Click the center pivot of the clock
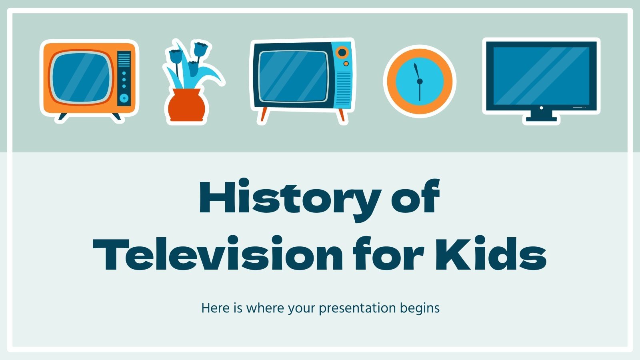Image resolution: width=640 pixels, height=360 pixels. point(420,81)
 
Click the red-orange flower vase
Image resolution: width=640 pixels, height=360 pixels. point(186,105)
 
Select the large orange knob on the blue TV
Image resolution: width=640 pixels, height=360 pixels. point(342,52)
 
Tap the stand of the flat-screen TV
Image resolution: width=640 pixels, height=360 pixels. point(541,116)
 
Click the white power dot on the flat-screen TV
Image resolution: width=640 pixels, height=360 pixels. point(541,108)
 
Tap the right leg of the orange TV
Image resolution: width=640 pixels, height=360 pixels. point(116,116)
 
